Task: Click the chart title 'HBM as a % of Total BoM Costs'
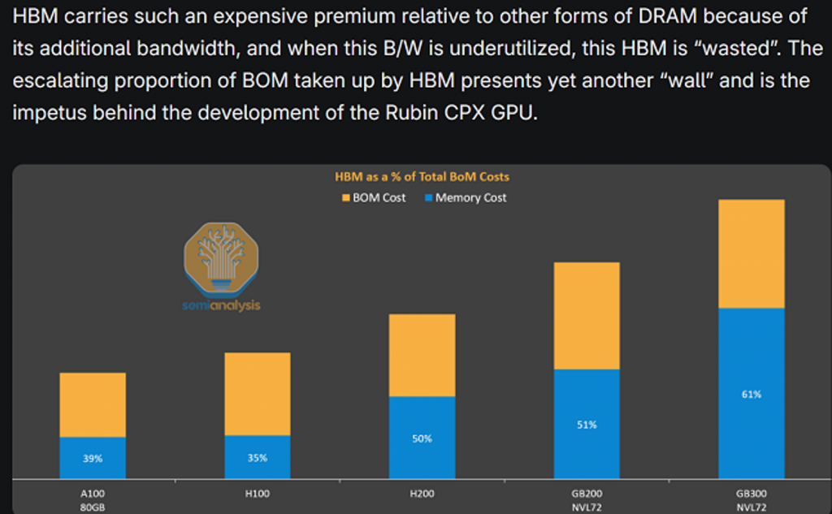click(422, 176)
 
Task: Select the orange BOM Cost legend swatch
click(346, 198)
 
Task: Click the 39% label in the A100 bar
click(93, 459)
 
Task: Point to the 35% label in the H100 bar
click(257, 458)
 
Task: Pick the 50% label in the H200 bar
click(422, 438)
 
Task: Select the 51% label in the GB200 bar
click(587, 425)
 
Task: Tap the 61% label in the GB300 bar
click(751, 395)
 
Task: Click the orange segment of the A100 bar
click(93, 404)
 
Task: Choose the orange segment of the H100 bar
click(257, 394)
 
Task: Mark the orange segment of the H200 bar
click(422, 355)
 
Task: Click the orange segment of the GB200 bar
click(587, 316)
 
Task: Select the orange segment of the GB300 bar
click(751, 253)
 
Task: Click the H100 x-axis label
click(257, 493)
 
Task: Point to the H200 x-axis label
click(422, 493)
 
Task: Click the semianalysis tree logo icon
click(222, 258)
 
